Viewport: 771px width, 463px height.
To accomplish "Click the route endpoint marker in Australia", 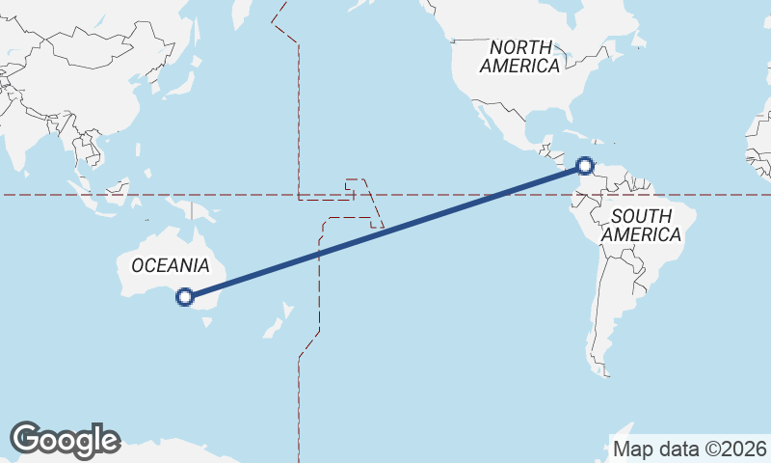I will pos(186,297).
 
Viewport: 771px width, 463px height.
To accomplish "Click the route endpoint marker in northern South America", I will pos(584,166).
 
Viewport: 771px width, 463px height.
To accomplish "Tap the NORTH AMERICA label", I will pos(520,57).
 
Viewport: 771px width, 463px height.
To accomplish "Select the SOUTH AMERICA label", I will pos(641,224).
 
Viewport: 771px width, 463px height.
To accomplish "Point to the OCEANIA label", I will pos(171,265).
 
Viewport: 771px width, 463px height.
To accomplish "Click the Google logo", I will pos(65,440).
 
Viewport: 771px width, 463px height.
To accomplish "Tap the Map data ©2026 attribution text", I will pos(689,449).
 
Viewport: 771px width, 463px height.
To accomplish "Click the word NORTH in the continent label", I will pos(520,47).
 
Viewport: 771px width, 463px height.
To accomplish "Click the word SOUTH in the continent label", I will pos(641,215).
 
